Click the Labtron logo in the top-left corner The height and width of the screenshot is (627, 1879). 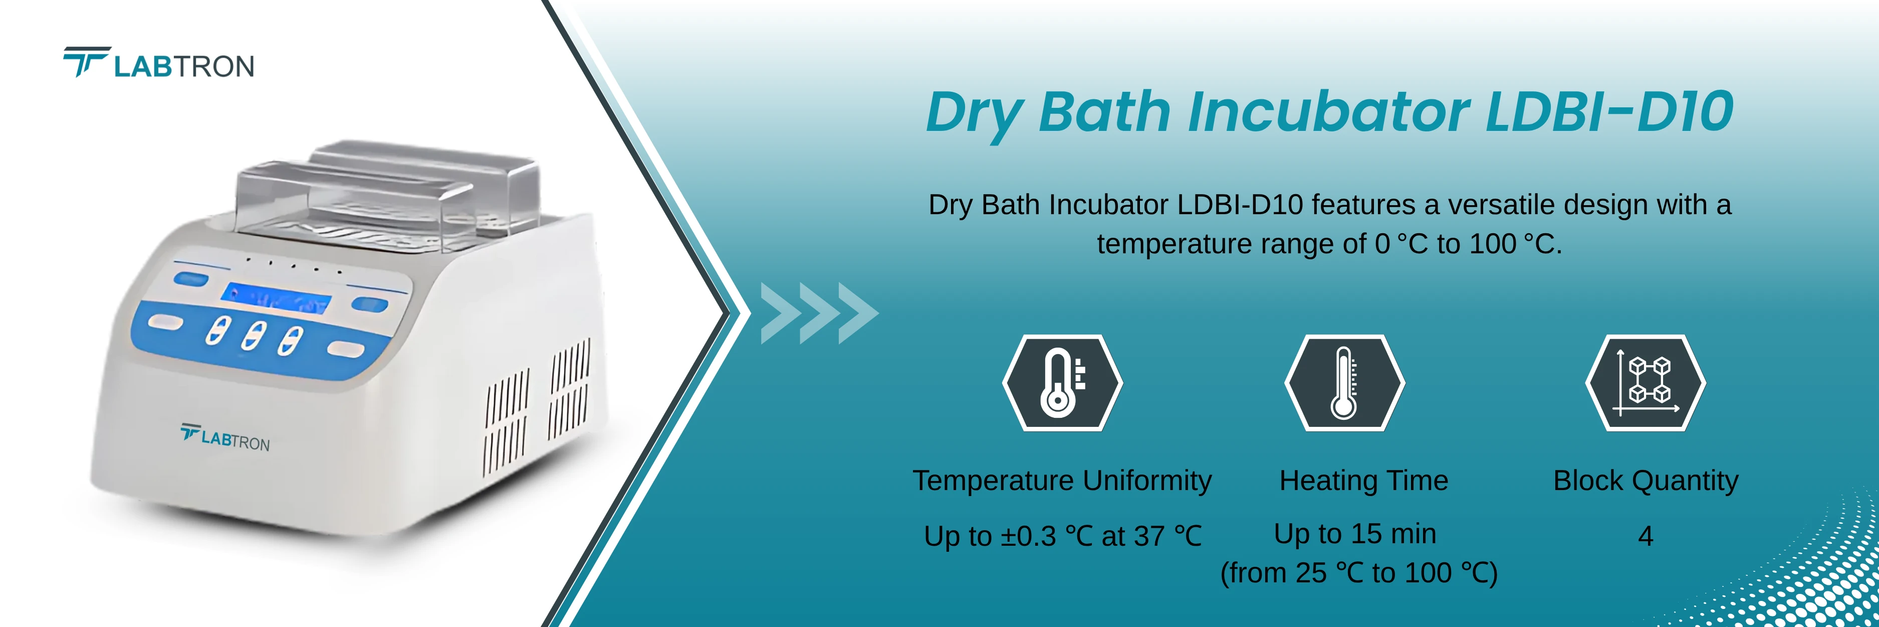click(159, 64)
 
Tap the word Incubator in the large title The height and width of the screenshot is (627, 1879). click(1327, 112)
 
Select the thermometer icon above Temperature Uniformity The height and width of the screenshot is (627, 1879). click(1062, 383)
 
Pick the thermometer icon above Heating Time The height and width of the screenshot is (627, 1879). click(1344, 383)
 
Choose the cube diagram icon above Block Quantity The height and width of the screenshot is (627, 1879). click(1646, 383)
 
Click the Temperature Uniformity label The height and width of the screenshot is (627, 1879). click(1062, 481)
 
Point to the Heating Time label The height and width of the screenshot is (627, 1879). click(1363, 481)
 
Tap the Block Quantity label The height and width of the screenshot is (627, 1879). click(1646, 481)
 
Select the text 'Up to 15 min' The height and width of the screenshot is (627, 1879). click(1354, 534)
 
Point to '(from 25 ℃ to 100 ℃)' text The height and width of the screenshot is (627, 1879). click(1358, 573)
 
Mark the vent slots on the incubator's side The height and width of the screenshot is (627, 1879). click(536, 409)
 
